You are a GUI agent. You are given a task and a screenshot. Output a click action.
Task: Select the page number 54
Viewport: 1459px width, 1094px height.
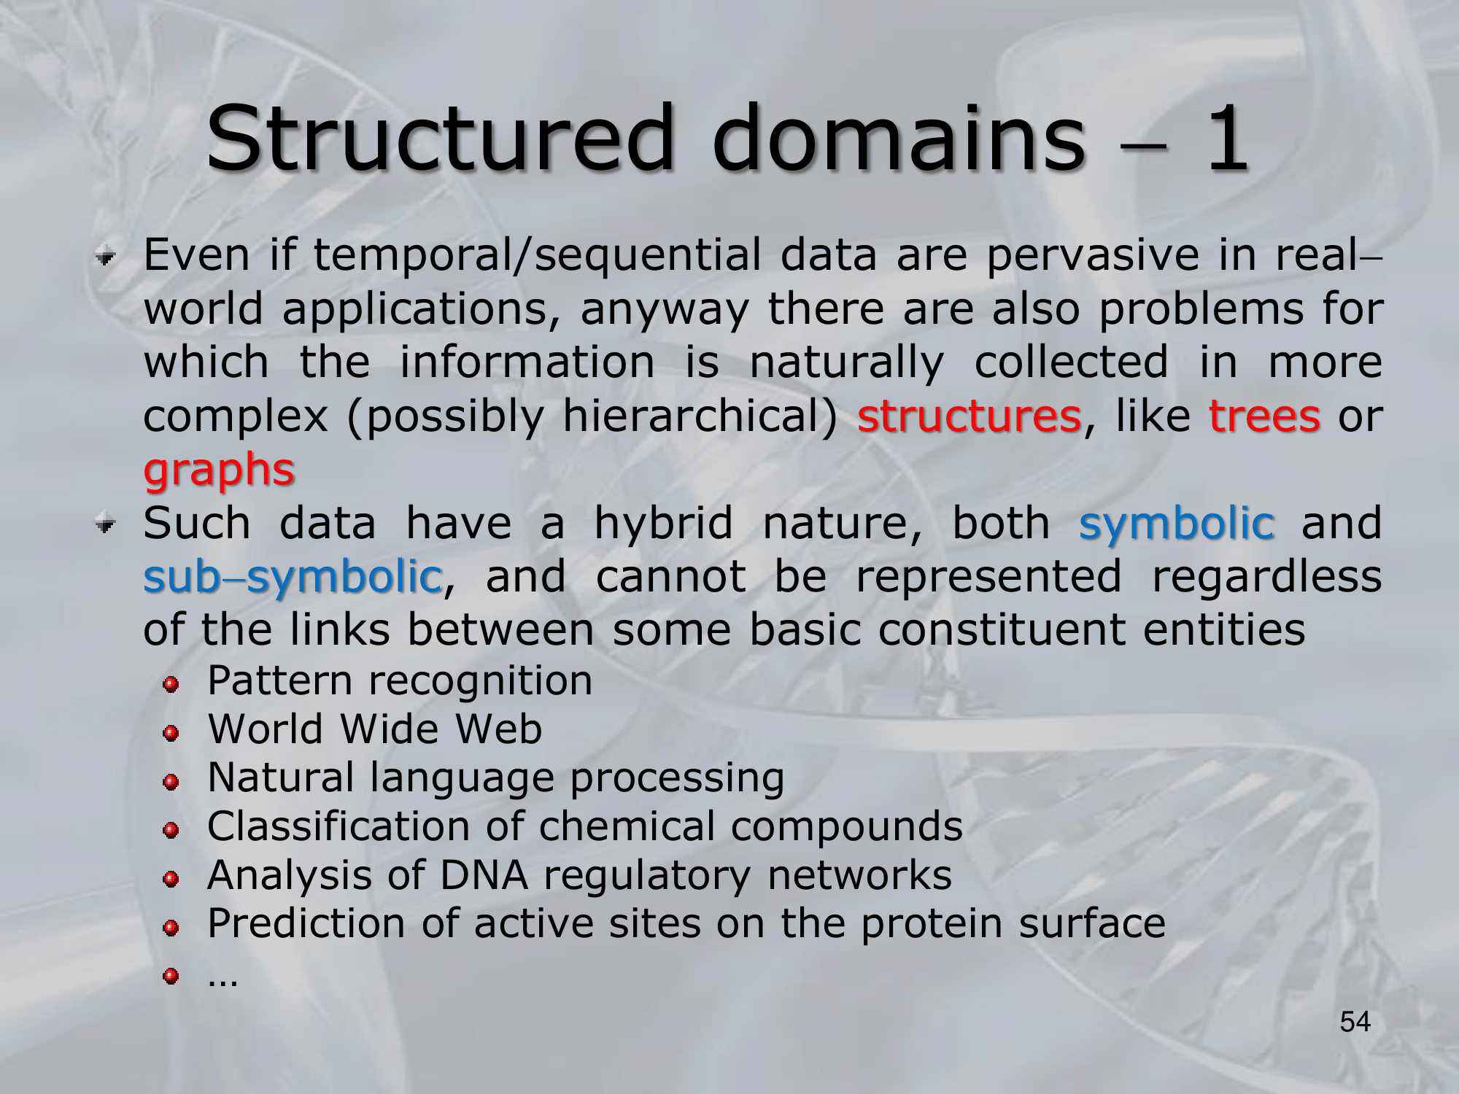tap(1355, 1023)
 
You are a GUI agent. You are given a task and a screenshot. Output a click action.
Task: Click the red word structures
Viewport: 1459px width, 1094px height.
tap(969, 416)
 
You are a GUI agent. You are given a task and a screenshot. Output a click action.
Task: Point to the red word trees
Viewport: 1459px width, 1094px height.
tap(1264, 416)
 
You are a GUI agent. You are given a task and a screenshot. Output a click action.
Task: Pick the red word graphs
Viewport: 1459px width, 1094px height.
tap(219, 470)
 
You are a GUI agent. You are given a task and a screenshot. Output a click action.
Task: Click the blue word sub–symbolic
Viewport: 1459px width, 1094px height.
tap(293, 578)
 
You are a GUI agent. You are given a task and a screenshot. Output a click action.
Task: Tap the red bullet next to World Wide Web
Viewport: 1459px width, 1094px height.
tap(171, 733)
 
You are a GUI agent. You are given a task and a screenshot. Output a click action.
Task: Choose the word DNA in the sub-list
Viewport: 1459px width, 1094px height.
tap(484, 875)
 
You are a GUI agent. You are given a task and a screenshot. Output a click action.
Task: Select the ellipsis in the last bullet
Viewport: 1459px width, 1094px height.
tap(222, 982)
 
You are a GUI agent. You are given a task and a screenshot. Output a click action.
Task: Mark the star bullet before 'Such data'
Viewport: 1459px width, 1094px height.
tap(107, 524)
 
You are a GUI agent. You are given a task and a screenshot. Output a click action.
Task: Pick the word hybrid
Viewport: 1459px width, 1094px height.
tap(663, 524)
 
